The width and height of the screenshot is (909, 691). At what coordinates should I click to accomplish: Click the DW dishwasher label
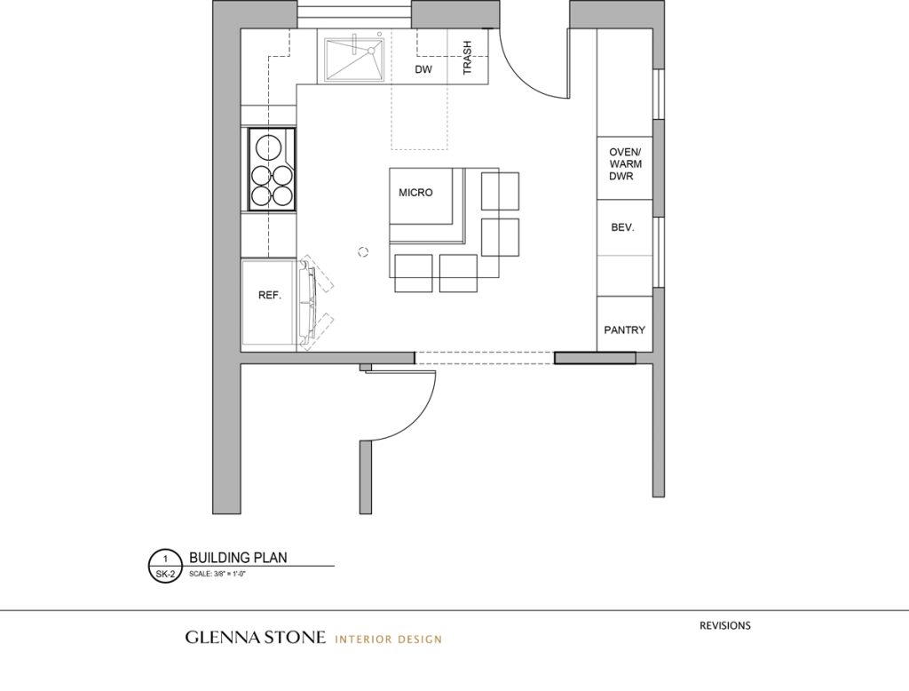pos(423,69)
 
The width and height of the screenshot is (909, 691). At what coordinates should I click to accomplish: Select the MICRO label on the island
pos(415,193)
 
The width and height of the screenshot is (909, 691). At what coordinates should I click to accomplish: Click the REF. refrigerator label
pos(270,296)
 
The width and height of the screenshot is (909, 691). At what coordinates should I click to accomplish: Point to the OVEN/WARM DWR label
pos(626,164)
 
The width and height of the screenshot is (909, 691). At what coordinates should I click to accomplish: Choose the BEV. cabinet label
pos(622,227)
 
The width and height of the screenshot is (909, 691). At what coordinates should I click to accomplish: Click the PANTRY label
pos(624,330)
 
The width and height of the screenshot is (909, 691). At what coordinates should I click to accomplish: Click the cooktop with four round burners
pos(271,169)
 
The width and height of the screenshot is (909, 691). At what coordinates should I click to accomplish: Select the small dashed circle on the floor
pos(362,252)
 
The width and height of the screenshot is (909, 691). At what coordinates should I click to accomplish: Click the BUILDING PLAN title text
pos(238,558)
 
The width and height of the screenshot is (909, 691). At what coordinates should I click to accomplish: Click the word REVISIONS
pos(724,625)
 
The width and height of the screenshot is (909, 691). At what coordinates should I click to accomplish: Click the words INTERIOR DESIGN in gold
pos(388,639)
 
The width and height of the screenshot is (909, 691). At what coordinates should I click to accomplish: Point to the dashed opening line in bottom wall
pos(485,357)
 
